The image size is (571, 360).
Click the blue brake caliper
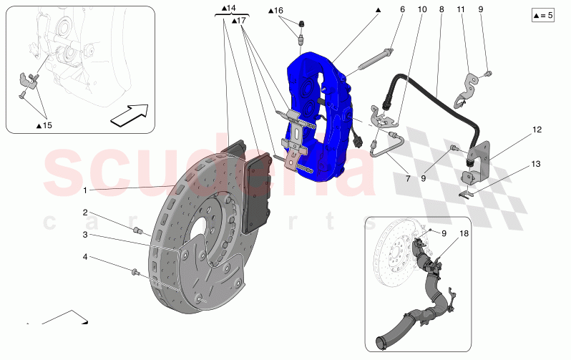[x=318, y=115]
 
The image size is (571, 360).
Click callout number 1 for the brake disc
[x=84, y=190]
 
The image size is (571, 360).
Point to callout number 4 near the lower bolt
[x=84, y=256]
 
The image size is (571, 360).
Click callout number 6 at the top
[x=402, y=9]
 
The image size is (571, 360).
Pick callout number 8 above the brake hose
[x=441, y=9]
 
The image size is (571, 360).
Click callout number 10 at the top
[x=422, y=9]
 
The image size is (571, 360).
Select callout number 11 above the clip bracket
[x=461, y=9]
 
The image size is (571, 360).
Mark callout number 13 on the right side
[x=536, y=164]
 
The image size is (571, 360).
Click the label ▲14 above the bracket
[x=229, y=8]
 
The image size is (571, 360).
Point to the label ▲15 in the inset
[x=44, y=125]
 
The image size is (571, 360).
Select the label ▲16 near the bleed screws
[x=276, y=11]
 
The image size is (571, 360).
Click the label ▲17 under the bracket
[x=239, y=21]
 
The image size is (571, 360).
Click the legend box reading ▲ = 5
[x=543, y=14]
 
